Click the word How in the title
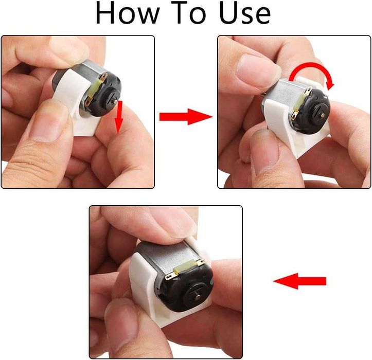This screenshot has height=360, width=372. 127,13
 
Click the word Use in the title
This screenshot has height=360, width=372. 245,13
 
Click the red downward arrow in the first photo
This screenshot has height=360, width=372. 119,117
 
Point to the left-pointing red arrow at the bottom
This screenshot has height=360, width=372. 299,281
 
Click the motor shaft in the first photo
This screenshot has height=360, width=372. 115,101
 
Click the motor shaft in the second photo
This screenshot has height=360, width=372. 323,115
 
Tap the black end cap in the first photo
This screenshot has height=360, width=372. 104,95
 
